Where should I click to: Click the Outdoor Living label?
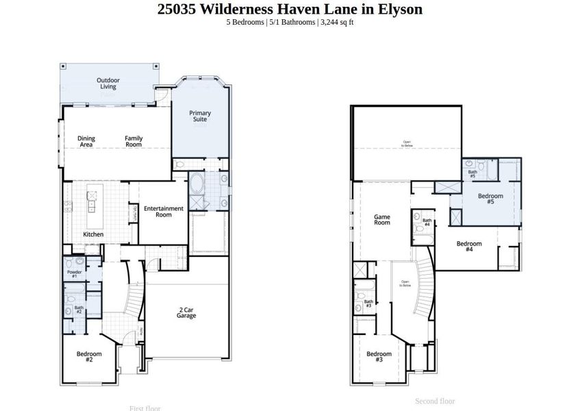tap(108, 84)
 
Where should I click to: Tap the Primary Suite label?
tap(200, 116)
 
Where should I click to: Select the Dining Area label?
tap(86, 142)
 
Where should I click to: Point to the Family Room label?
tap(134, 142)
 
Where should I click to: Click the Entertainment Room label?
tap(163, 212)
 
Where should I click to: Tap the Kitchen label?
tap(93, 235)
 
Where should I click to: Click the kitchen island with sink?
tap(91, 204)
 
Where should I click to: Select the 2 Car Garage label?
tap(186, 312)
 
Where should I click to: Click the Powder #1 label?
tap(75, 274)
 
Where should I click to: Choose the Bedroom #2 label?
tap(89, 356)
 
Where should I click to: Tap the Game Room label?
tap(381, 220)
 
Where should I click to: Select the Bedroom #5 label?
tap(490, 199)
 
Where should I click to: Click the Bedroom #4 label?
tap(469, 246)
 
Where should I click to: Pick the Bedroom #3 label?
tap(379, 356)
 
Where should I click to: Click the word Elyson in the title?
tap(398, 9)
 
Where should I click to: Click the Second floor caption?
tap(435, 401)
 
